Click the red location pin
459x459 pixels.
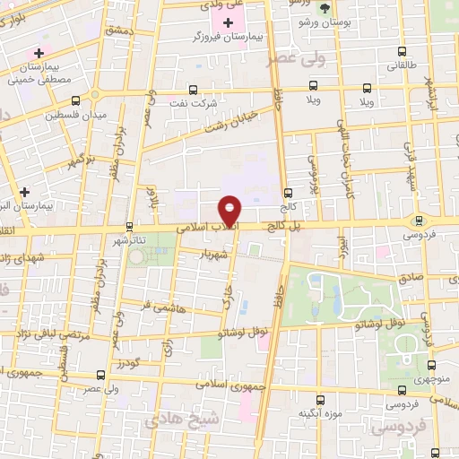click(x=231, y=211)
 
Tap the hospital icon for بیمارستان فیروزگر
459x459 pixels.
click(x=229, y=22)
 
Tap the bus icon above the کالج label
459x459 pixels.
click(x=288, y=193)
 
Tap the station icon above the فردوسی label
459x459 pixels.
click(x=418, y=221)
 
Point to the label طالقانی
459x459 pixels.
click(x=403, y=65)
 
